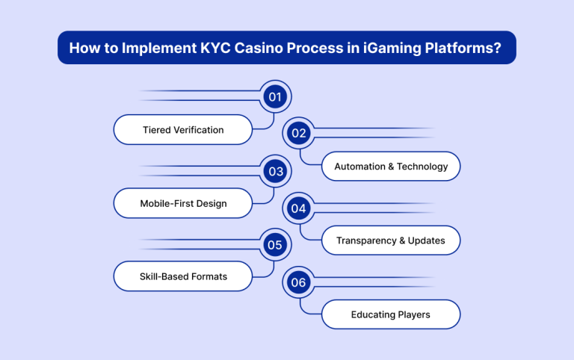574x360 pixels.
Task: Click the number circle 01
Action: pos(276,97)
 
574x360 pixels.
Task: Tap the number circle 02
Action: pos(299,134)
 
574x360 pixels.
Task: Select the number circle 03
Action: pos(276,171)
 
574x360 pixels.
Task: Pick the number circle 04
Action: pos(299,208)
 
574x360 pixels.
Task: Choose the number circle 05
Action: pos(276,245)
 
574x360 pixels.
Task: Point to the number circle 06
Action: pos(299,282)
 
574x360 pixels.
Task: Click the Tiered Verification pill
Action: pos(183,130)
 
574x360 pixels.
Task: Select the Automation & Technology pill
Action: pos(391,167)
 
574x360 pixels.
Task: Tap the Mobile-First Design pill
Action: pos(183,203)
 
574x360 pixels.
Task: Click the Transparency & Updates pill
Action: pos(391,240)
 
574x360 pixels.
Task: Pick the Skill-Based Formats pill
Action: pos(183,277)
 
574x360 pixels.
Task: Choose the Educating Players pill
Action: pos(391,314)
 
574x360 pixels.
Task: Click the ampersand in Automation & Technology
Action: pos(392,167)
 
